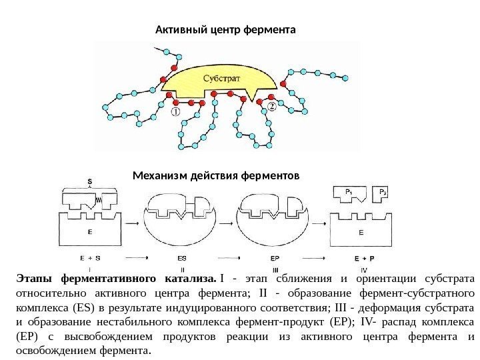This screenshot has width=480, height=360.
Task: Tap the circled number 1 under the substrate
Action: (x=177, y=113)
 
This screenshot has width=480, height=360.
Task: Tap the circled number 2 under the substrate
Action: (x=271, y=105)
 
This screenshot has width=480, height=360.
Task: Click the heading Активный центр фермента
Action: (x=225, y=30)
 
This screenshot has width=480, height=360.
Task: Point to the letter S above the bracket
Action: (x=90, y=180)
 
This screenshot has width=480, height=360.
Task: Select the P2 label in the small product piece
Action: (x=383, y=193)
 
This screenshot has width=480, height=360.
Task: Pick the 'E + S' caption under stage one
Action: (x=90, y=257)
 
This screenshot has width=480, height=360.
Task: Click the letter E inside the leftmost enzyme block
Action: (x=90, y=233)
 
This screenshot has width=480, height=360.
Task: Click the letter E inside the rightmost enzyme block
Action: (x=361, y=233)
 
